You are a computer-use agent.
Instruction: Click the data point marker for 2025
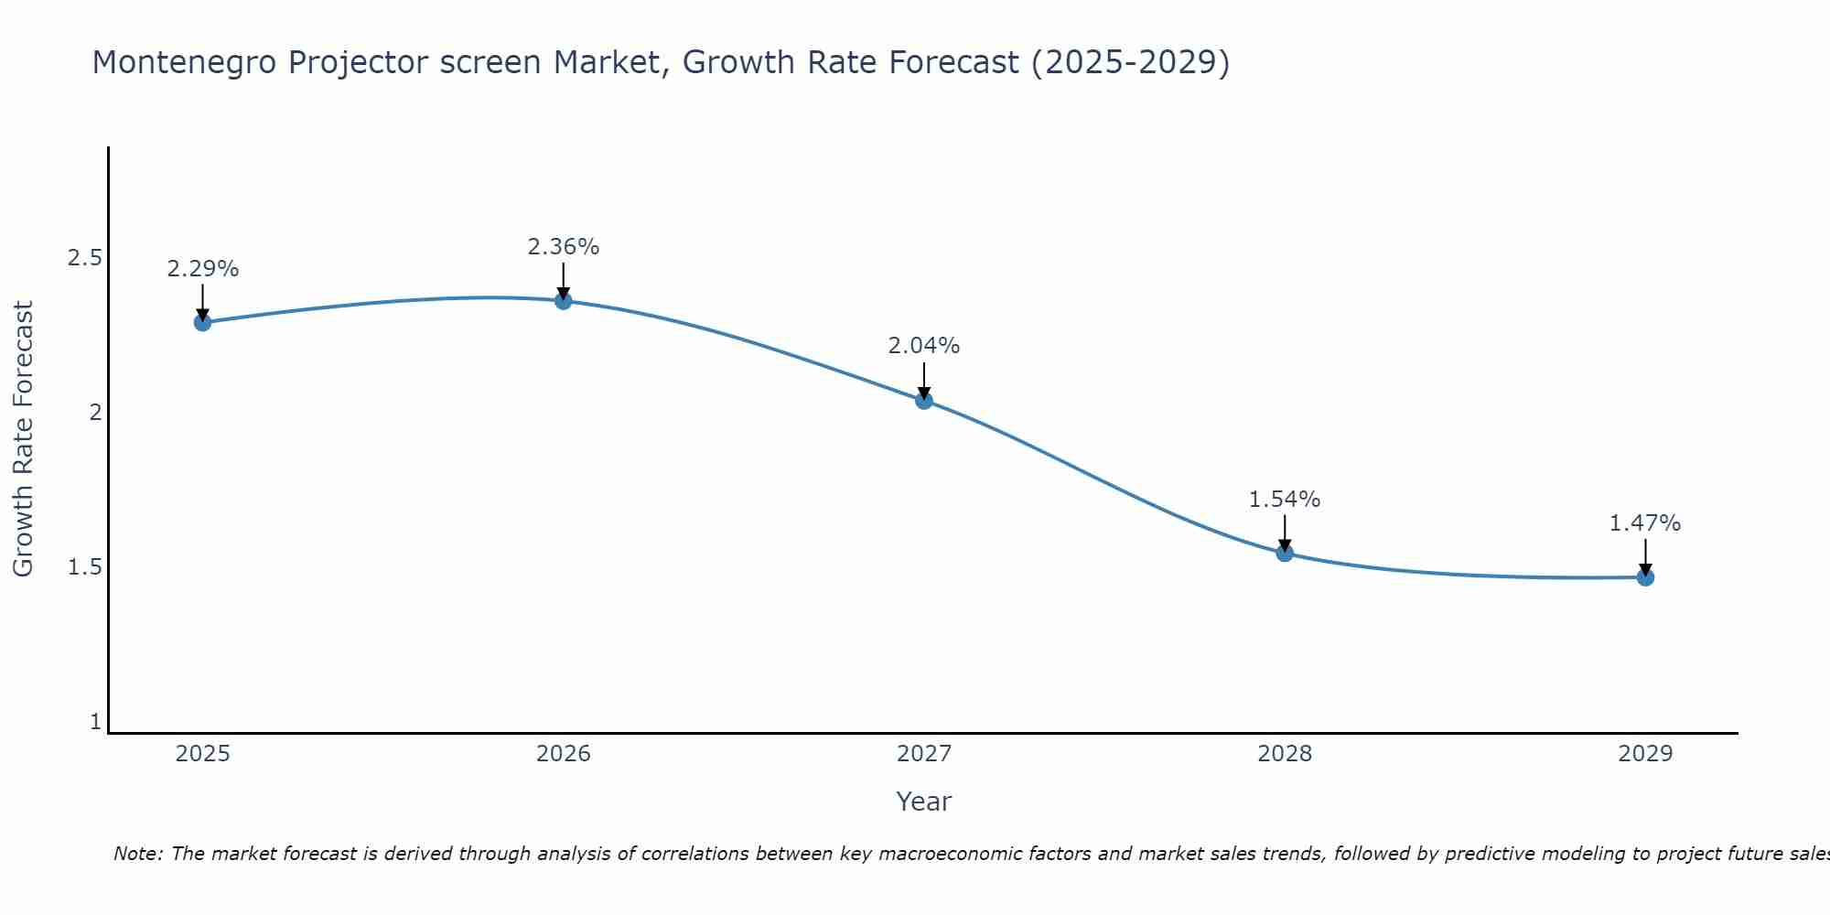click(x=203, y=322)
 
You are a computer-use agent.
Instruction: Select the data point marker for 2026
click(x=564, y=300)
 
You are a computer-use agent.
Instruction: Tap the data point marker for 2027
click(x=924, y=400)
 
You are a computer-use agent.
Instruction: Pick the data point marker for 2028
click(x=1285, y=553)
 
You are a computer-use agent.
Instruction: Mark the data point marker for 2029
click(x=1645, y=577)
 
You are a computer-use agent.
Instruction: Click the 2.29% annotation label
click(x=203, y=269)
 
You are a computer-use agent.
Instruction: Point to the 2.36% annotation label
click(x=564, y=247)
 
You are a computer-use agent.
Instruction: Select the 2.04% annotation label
click(x=924, y=346)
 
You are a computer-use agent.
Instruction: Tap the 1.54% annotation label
click(x=1285, y=500)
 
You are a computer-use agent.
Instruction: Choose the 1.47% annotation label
click(x=1645, y=523)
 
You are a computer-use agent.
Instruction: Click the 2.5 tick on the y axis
click(x=84, y=258)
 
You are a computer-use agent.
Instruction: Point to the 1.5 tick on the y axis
click(x=84, y=567)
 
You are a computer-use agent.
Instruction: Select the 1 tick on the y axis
click(x=95, y=722)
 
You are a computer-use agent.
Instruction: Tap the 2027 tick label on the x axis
click(x=924, y=754)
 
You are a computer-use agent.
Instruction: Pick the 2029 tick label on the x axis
click(x=1645, y=754)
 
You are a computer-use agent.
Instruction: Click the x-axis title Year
click(x=924, y=802)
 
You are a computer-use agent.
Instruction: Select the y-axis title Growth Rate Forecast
click(x=24, y=439)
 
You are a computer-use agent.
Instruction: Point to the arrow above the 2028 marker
click(x=1285, y=533)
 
